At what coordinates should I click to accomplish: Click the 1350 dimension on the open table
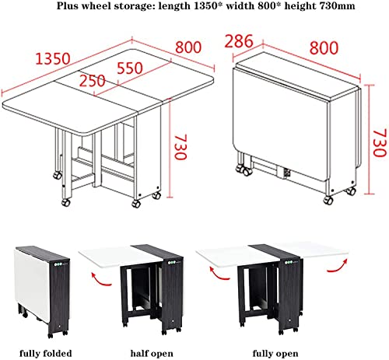[x=53, y=58]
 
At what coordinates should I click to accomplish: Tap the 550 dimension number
[x=130, y=68]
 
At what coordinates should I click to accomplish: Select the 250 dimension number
[x=93, y=81]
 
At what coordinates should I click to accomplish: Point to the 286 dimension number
[x=239, y=41]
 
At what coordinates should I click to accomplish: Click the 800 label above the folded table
[x=324, y=47]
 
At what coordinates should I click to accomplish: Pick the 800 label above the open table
[x=188, y=47]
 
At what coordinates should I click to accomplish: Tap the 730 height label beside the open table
[x=180, y=147]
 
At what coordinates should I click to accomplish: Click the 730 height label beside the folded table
[x=380, y=143]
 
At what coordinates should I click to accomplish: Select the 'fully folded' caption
[x=46, y=353]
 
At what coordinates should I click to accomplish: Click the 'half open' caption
[x=152, y=353]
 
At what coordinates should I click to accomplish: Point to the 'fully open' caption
[x=275, y=353]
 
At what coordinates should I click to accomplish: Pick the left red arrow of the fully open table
[x=219, y=274]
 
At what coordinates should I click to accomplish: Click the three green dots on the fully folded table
[x=58, y=264]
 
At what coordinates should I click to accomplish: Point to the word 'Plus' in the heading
[x=66, y=5]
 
